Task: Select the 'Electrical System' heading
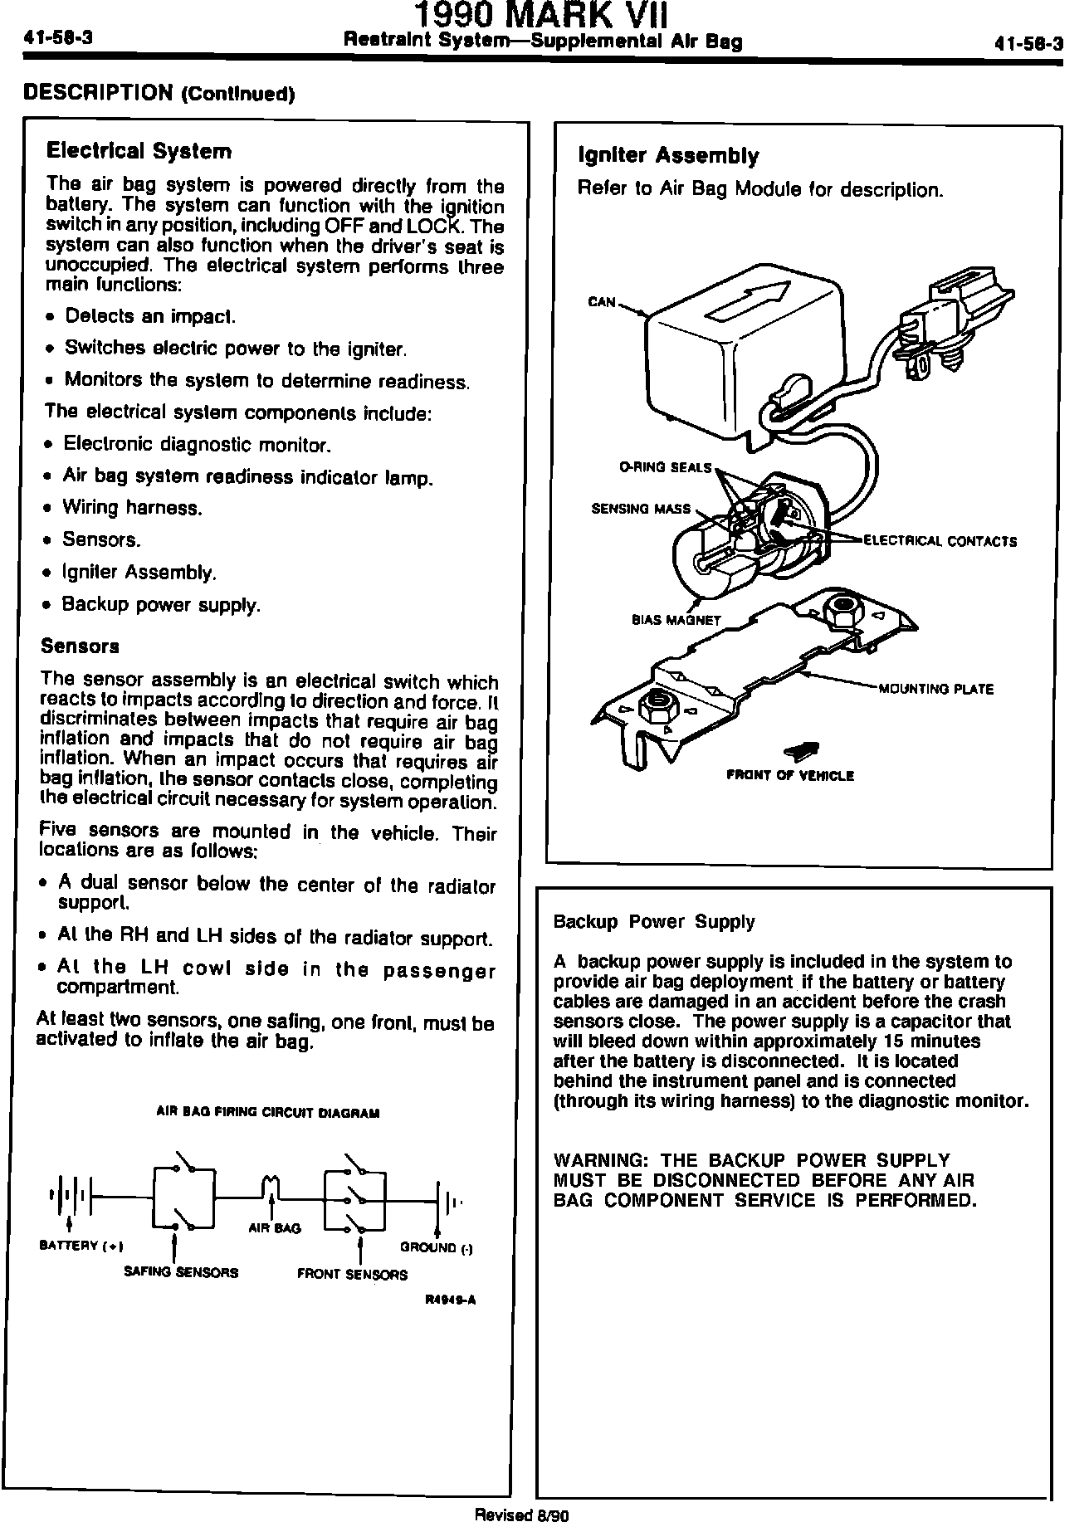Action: [x=139, y=151]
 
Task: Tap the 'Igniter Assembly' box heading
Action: [x=667, y=156]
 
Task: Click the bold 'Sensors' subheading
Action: [x=80, y=646]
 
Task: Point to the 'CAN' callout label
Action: [x=602, y=302]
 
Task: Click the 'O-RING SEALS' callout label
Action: [x=666, y=467]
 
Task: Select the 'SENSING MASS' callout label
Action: [x=641, y=509]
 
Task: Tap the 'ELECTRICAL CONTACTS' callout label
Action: [x=940, y=541]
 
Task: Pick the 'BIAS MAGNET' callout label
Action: [x=676, y=620]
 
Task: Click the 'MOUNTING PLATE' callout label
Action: [x=935, y=689]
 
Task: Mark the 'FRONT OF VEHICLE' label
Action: [x=790, y=776]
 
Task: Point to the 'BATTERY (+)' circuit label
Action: [x=81, y=1246]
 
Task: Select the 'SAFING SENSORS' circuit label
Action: [x=181, y=1272]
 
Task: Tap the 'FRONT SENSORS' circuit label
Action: [x=352, y=1275]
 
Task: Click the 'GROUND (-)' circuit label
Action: [x=436, y=1246]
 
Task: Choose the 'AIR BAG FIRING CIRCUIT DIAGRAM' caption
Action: [x=268, y=1113]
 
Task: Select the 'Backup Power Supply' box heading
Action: [x=654, y=922]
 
